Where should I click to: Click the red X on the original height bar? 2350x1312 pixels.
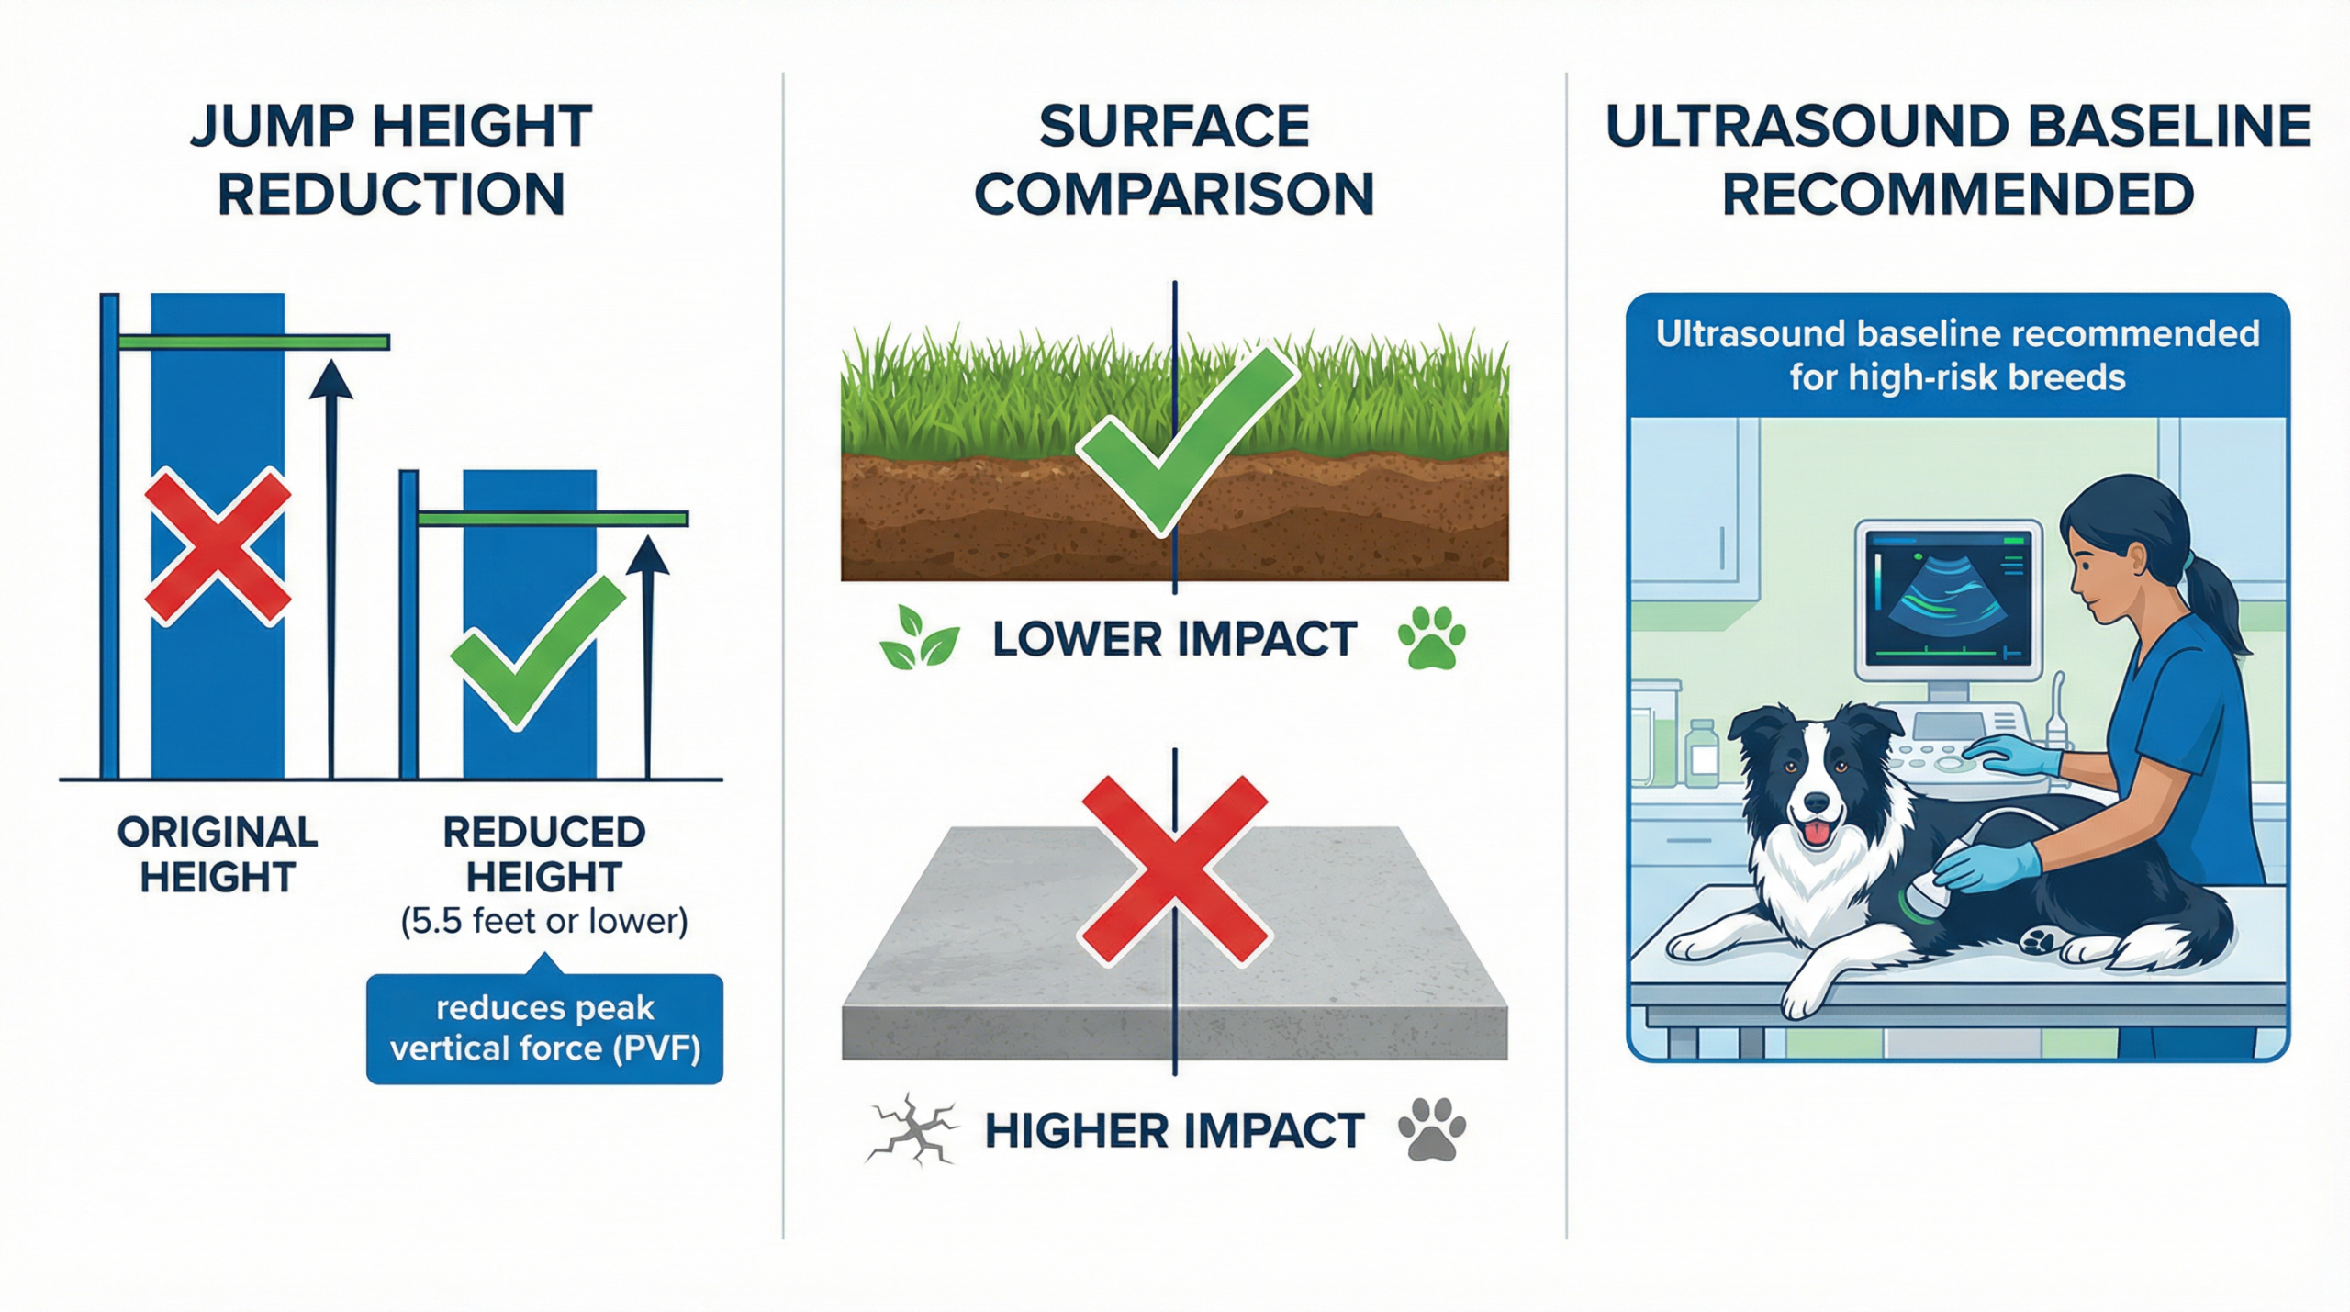pos(218,546)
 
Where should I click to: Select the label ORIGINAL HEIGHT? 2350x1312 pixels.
pos(218,854)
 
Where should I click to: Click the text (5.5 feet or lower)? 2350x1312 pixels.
pos(544,921)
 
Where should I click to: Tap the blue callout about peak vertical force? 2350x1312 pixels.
pos(544,1028)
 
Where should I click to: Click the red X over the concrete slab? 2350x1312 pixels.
pos(1174,870)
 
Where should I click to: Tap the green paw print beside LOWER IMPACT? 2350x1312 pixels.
pos(1431,637)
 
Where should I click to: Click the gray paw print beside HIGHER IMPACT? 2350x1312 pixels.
pos(1431,1128)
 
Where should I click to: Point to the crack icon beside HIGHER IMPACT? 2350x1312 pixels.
pos(912,1129)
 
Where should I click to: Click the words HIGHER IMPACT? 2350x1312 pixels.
pos(1174,1130)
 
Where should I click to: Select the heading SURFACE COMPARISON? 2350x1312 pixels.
pos(1174,160)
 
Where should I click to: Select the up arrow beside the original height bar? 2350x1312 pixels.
pos(331,569)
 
